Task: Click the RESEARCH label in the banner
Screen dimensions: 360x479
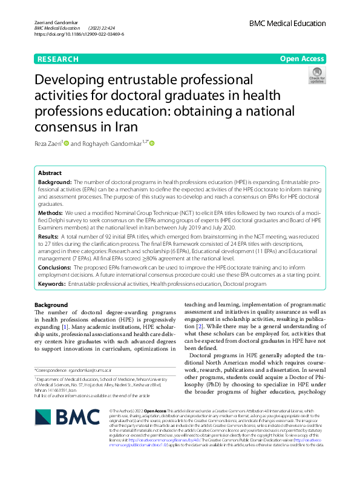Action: coord(58,59)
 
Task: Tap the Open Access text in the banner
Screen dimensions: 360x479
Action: coord(302,59)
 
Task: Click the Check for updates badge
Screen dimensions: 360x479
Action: coord(316,76)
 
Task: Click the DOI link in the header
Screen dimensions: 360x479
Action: coord(79,35)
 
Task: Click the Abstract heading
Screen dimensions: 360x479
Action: coord(50,173)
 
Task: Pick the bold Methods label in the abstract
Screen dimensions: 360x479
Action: coord(51,214)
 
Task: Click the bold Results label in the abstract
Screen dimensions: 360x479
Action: coord(49,236)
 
